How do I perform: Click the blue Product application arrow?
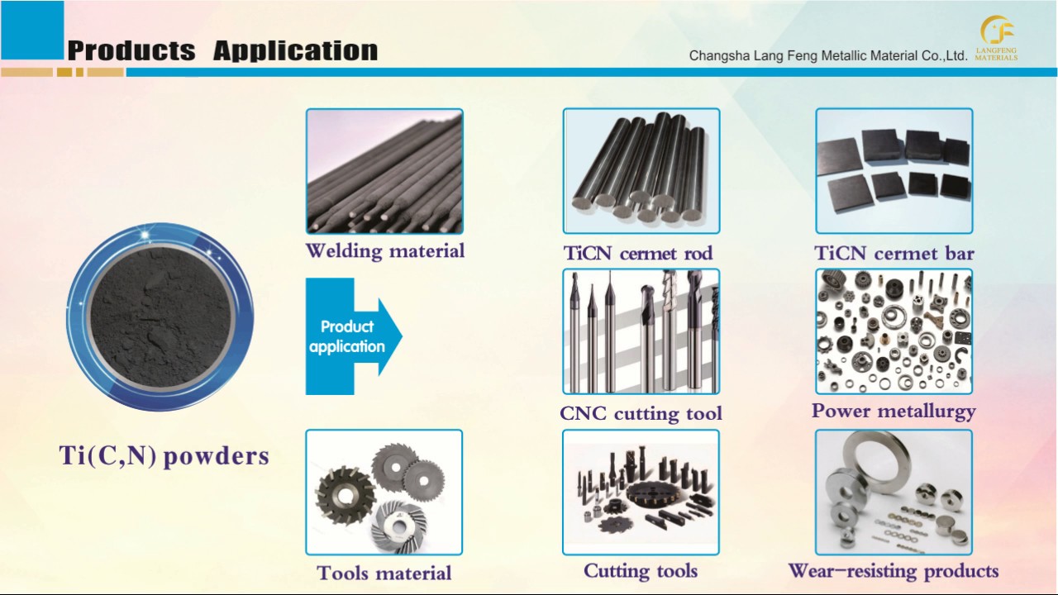(x=351, y=336)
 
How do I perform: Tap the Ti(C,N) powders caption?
(x=164, y=455)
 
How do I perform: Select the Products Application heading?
(x=222, y=50)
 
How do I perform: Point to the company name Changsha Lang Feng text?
(x=827, y=56)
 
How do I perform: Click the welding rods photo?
(x=384, y=171)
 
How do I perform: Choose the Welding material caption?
(x=385, y=250)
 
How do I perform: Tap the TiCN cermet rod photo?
(x=641, y=171)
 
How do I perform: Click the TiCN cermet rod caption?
(x=638, y=253)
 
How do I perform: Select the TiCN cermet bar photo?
(x=894, y=171)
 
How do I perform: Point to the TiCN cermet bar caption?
(x=894, y=253)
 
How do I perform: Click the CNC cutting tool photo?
(x=641, y=331)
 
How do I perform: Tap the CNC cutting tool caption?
(x=641, y=413)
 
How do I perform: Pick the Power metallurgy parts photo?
(x=894, y=331)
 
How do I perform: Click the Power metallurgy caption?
(x=894, y=411)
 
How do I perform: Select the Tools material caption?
(x=384, y=573)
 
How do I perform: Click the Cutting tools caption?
(x=641, y=571)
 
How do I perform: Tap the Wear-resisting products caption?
(x=894, y=571)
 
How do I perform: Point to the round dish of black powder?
(x=160, y=317)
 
